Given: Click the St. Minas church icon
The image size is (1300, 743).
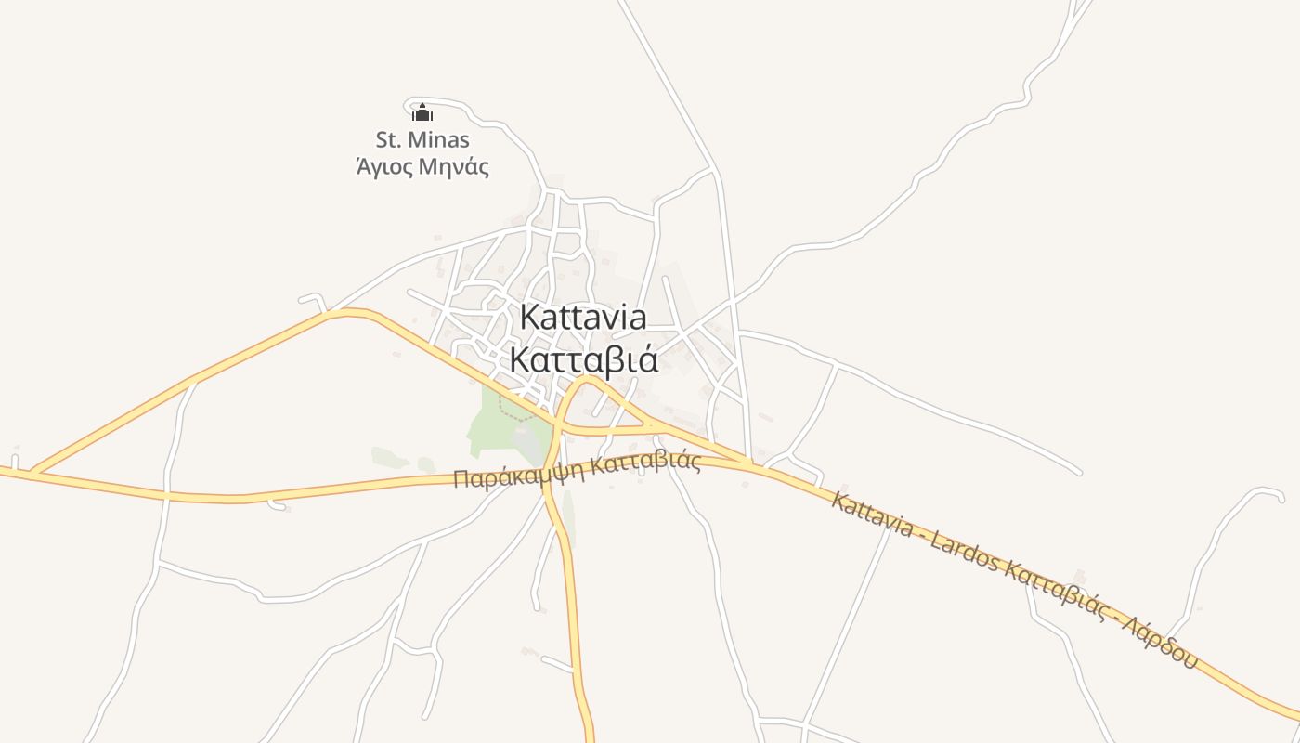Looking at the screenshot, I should [422, 113].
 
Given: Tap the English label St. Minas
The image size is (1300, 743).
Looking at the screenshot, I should [422, 140].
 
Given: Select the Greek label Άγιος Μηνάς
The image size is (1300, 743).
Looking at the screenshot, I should [422, 168].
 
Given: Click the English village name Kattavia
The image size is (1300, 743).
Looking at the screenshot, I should [583, 317].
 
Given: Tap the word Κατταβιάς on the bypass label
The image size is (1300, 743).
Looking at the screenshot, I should [645, 462].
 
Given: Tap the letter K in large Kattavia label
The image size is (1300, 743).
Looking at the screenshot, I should [529, 317].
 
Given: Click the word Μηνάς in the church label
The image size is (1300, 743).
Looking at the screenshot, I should [454, 168].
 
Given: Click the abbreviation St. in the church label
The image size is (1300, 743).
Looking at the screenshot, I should [388, 140].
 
